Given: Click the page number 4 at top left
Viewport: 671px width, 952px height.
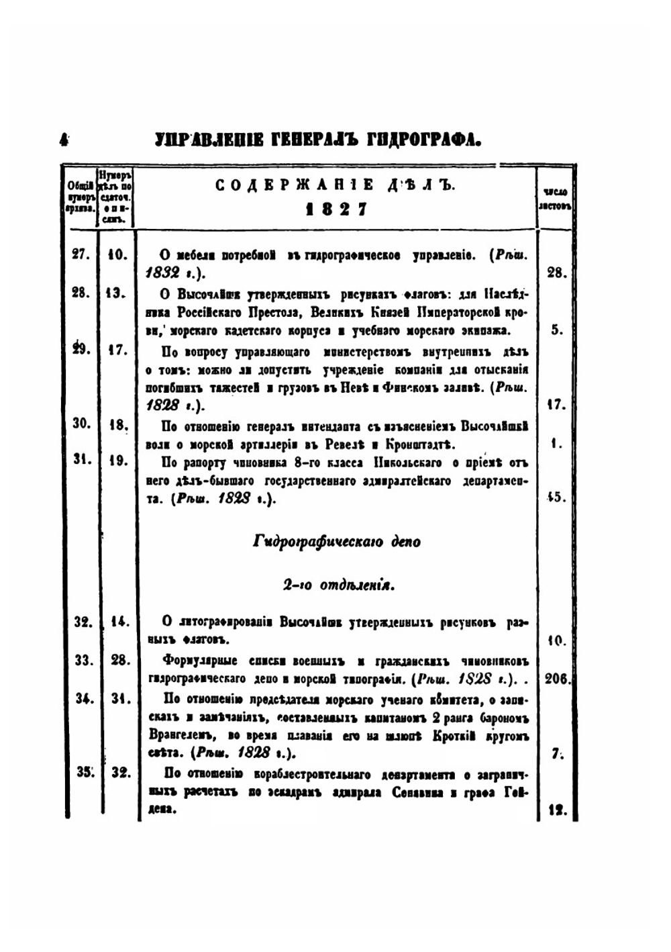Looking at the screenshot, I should [64, 140].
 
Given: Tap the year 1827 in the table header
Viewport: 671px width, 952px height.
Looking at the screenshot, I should [336, 209].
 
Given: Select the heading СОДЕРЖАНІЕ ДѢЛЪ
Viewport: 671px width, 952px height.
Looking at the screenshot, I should [335, 186].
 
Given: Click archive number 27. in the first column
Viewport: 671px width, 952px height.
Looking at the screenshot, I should [81, 255].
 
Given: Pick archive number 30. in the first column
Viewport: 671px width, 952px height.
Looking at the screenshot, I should [81, 424].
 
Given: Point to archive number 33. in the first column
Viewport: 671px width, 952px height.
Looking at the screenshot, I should [83, 660].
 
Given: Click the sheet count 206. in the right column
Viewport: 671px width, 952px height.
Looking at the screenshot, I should [557, 679].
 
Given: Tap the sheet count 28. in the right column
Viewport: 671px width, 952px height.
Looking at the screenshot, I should [556, 273].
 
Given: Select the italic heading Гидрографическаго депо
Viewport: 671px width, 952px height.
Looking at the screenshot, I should [336, 541].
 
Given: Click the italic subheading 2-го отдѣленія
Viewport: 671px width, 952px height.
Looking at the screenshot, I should [338, 585].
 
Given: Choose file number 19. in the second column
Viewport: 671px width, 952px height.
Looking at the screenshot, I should [117, 461].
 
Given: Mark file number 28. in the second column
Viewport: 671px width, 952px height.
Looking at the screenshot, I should [119, 660].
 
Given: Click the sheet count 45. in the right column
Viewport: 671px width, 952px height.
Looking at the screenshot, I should [556, 497].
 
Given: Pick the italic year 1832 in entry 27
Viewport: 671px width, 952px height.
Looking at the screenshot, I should [163, 273].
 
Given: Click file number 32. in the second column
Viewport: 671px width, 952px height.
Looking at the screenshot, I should [120, 772].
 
